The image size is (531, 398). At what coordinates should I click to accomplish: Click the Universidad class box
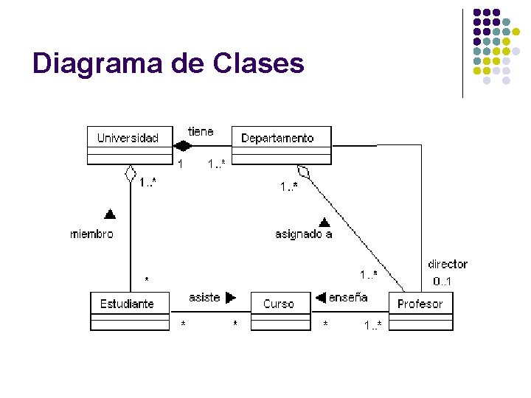click(x=130, y=144)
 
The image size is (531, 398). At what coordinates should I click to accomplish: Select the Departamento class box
click(x=282, y=144)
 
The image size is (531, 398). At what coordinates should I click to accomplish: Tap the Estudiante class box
click(x=129, y=311)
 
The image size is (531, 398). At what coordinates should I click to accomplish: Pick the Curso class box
click(x=280, y=311)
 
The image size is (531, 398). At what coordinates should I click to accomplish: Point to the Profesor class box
click(x=420, y=311)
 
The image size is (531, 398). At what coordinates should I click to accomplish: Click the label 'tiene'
click(x=201, y=131)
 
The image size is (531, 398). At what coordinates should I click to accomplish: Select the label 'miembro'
click(x=92, y=234)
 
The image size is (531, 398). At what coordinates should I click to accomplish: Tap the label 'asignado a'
click(x=303, y=234)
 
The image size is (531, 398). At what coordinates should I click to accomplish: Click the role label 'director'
click(x=447, y=264)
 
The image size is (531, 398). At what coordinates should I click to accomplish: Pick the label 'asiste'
click(x=204, y=297)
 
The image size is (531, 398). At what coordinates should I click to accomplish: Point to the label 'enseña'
click(x=348, y=297)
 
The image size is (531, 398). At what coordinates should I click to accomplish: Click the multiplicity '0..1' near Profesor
click(x=442, y=281)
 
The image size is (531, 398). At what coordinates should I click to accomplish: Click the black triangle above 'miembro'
click(x=110, y=214)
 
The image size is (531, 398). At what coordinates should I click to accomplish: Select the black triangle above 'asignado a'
click(x=323, y=220)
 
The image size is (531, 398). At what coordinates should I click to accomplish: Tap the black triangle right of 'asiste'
click(x=231, y=298)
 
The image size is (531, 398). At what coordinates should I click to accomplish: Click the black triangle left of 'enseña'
click(x=321, y=298)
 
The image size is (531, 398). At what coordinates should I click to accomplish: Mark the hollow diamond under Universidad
click(x=130, y=174)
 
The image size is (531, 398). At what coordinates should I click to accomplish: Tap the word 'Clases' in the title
click(x=258, y=63)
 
